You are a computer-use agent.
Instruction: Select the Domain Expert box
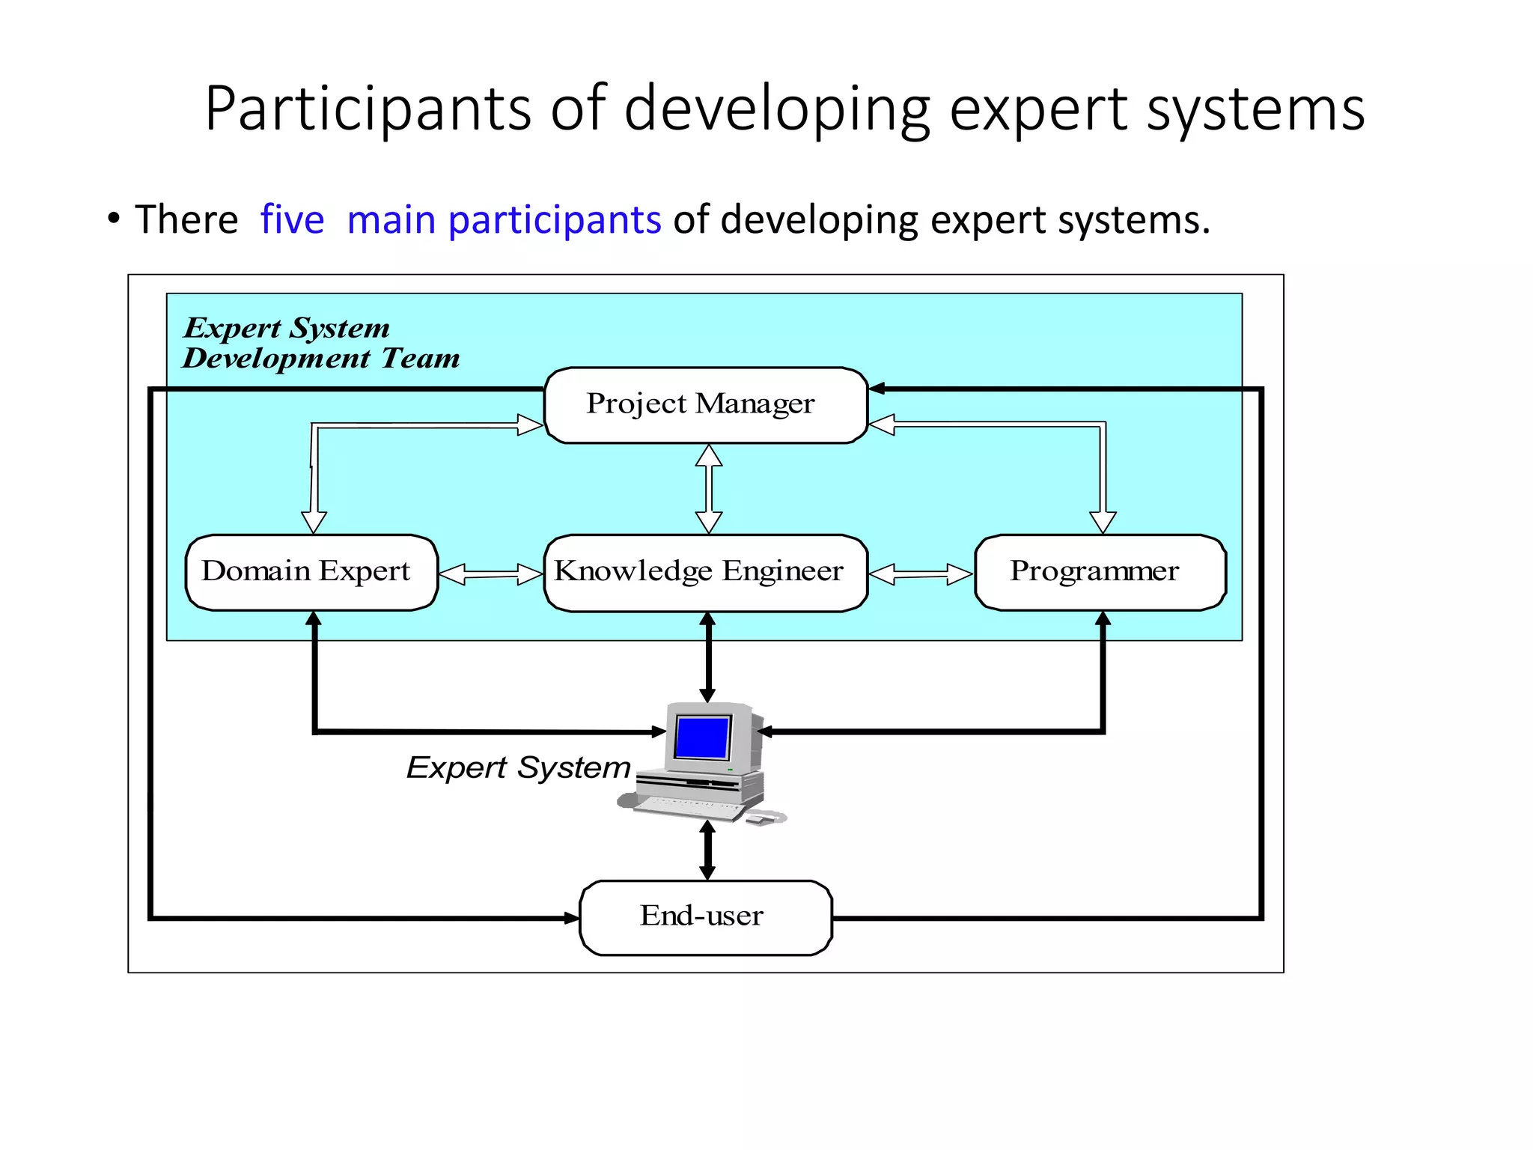point(311,573)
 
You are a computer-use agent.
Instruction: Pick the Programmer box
point(1100,573)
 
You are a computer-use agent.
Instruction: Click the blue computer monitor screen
point(702,737)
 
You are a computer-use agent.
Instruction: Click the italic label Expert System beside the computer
point(518,767)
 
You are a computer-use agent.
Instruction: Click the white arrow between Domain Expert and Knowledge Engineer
point(490,575)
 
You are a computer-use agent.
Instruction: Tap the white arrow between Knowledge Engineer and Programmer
point(921,575)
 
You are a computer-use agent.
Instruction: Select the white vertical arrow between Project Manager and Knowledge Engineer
point(708,489)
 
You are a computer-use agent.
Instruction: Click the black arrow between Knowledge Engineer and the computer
point(707,657)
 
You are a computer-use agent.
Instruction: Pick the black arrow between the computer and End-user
point(707,851)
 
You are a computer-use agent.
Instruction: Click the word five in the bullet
point(292,220)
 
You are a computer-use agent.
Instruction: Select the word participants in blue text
point(554,220)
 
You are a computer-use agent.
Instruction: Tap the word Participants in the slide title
point(367,109)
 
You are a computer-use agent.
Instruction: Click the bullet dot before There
point(113,219)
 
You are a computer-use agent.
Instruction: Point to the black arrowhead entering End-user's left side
point(571,917)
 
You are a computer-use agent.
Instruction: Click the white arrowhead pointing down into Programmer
point(1103,522)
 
